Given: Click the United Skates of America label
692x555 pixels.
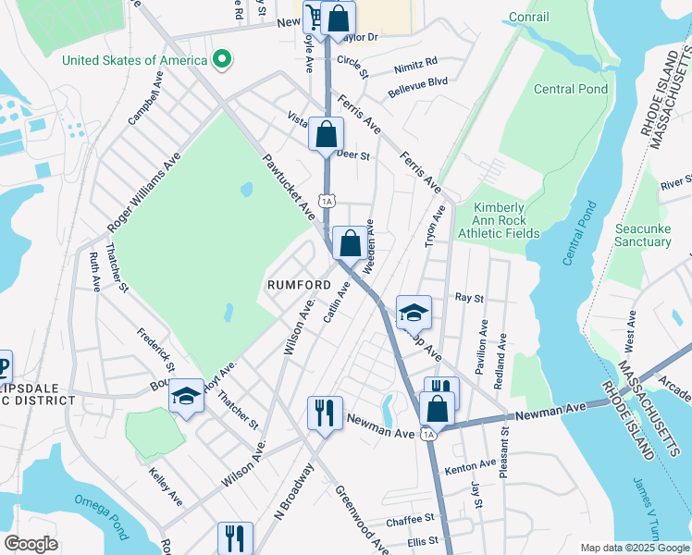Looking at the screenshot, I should [x=134, y=60].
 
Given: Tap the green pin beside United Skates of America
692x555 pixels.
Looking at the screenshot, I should [x=221, y=60].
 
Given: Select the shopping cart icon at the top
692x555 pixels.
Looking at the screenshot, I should [x=315, y=18].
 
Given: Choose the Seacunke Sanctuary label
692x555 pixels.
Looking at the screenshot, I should [x=643, y=235].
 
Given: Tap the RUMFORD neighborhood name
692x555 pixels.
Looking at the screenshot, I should [x=299, y=284].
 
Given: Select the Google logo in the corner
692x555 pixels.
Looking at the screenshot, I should [x=31, y=543].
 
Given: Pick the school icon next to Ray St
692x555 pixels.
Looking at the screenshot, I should [x=413, y=314].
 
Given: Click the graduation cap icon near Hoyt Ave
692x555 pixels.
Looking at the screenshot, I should [x=186, y=396].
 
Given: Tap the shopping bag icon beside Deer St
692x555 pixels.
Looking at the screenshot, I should [x=326, y=134].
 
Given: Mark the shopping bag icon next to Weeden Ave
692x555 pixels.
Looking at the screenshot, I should [x=349, y=244].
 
